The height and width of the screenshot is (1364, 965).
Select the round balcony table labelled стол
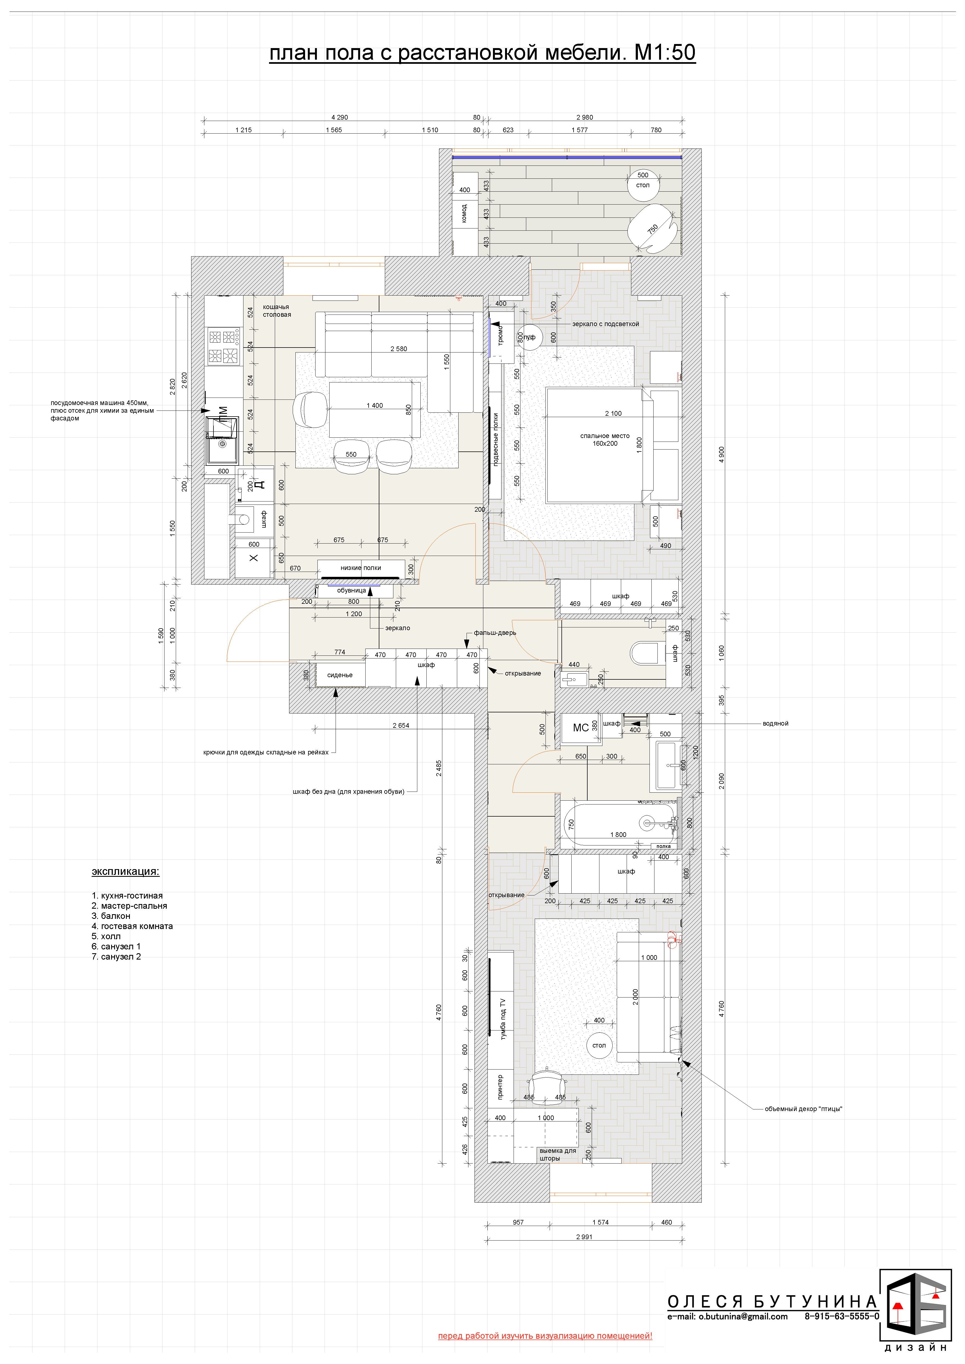tap(643, 185)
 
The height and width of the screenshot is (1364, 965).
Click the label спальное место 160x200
tap(605, 440)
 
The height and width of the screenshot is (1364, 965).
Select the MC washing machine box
tap(580, 728)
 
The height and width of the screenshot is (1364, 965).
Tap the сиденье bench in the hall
tap(340, 675)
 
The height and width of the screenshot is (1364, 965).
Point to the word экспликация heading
tap(125, 872)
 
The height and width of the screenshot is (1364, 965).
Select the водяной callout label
tap(775, 724)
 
